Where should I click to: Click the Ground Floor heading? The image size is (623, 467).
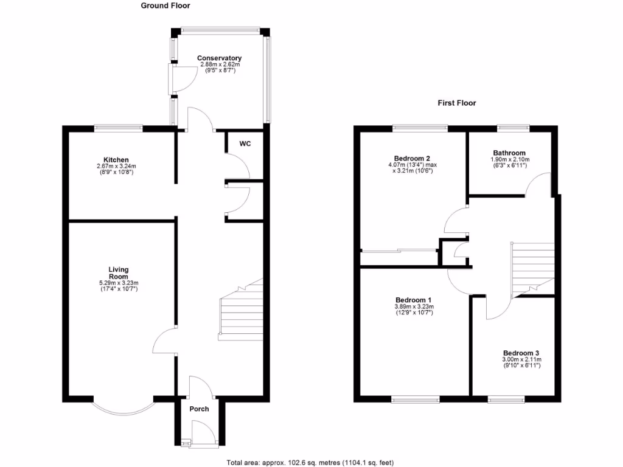pyautogui.click(x=165, y=5)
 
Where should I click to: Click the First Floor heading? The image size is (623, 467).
pyautogui.click(x=457, y=103)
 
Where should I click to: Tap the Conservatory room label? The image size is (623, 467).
pyautogui.click(x=219, y=58)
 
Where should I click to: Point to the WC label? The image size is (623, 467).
pyautogui.click(x=245, y=144)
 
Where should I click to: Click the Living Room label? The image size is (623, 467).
pyautogui.click(x=118, y=272)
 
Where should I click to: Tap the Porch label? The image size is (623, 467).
pyautogui.click(x=199, y=409)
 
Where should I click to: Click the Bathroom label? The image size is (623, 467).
pyautogui.click(x=509, y=153)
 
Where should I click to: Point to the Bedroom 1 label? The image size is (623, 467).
pyautogui.click(x=413, y=300)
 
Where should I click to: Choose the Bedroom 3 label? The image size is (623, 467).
pyautogui.click(x=521, y=353)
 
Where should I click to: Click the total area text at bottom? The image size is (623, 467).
pyautogui.click(x=313, y=462)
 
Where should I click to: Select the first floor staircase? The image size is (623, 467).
pyautogui.click(x=533, y=268)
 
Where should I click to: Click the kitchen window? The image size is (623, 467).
pyautogui.click(x=118, y=128)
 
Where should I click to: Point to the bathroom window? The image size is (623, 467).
pyautogui.click(x=512, y=128)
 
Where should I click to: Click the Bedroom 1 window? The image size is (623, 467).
pyautogui.click(x=416, y=400)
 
